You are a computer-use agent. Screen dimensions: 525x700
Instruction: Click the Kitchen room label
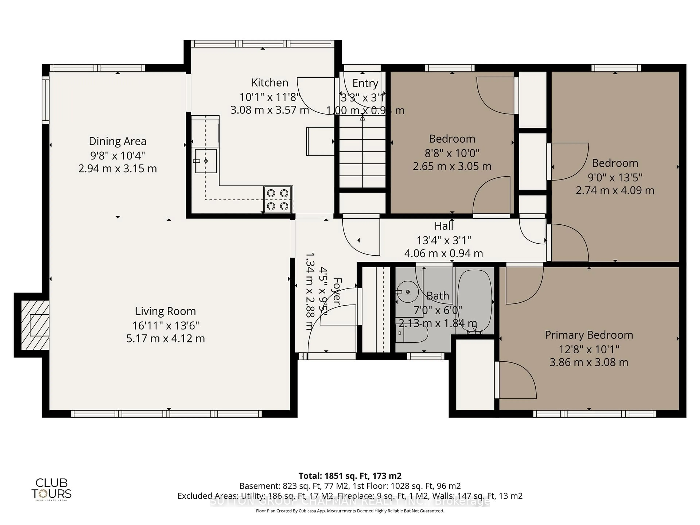click(x=270, y=83)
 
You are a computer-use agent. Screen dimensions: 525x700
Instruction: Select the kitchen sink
click(x=206, y=161)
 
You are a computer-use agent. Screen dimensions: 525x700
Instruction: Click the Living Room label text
click(x=166, y=311)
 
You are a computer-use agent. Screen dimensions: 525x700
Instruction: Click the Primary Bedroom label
click(x=589, y=335)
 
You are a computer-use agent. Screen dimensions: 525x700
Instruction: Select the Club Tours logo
click(x=51, y=489)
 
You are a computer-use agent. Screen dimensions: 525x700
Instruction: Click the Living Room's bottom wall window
click(x=166, y=414)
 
